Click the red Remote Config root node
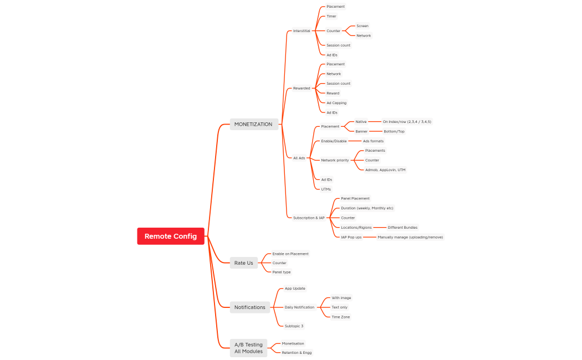(171, 236)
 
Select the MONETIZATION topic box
(253, 124)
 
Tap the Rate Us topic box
(243, 263)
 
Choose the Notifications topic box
(249, 307)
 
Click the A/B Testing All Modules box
(248, 348)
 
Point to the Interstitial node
(302, 31)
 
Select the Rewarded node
(302, 88)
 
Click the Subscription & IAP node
(309, 218)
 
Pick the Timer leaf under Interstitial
(331, 16)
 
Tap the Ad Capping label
(336, 103)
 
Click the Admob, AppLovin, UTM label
(385, 170)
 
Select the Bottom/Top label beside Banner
(394, 131)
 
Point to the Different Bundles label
(402, 228)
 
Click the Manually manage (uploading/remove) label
(410, 237)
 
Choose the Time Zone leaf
(341, 317)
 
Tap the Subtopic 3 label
(294, 326)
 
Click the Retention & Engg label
(297, 353)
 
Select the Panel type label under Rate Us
(282, 272)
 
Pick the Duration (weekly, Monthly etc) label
(367, 208)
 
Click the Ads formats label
(373, 141)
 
